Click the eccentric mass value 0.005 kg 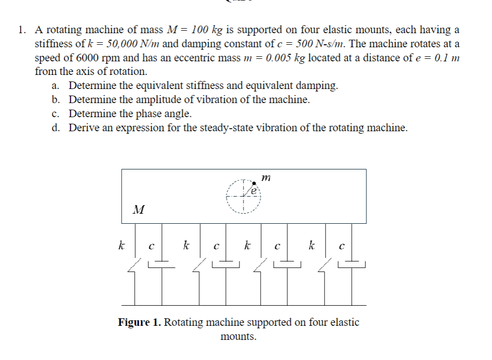coord(285,58)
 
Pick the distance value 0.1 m coord(444,58)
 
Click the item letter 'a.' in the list coord(56,85)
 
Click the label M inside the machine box coord(139,209)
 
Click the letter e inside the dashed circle coord(254,192)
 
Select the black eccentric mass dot coord(254,183)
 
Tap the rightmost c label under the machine coord(343,247)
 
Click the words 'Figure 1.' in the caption coord(139,322)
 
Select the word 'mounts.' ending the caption coord(238,336)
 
